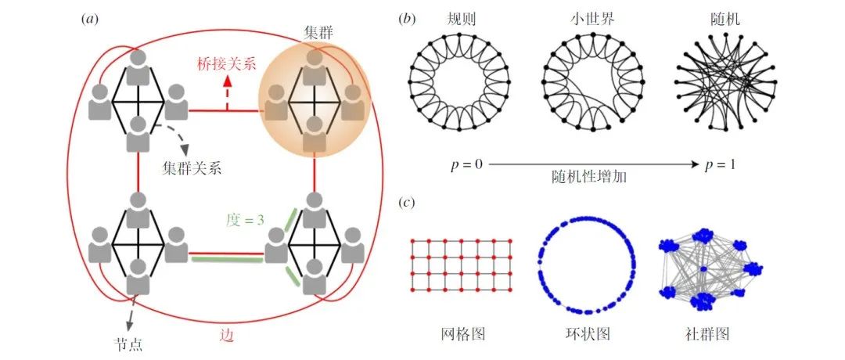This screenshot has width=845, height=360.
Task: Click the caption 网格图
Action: pos(462,334)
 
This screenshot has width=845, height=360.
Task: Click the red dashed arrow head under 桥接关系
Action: pos(228,80)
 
